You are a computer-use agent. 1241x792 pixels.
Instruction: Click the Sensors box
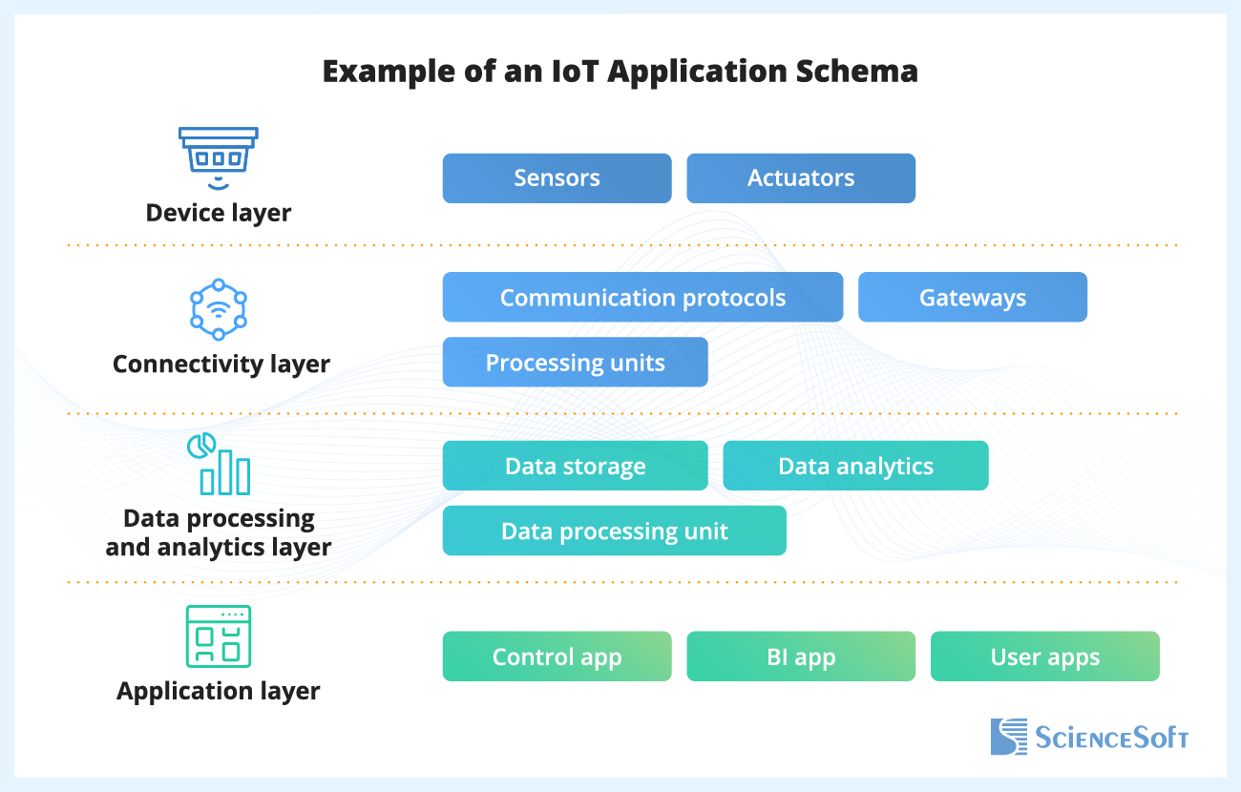click(x=557, y=178)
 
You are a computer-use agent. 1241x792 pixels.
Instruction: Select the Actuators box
click(x=801, y=178)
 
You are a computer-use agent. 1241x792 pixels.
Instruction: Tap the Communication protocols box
click(x=642, y=298)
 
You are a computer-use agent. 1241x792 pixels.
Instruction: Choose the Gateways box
click(x=972, y=298)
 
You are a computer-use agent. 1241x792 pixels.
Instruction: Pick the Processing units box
click(x=575, y=363)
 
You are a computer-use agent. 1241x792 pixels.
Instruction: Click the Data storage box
click(x=575, y=467)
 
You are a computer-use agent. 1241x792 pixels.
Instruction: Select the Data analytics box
click(x=855, y=467)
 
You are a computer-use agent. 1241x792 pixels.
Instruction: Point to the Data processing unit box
click(x=614, y=531)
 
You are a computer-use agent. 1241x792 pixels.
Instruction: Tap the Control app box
click(x=557, y=657)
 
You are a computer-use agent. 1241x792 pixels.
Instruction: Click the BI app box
click(x=801, y=657)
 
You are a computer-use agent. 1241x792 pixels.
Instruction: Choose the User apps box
click(x=1044, y=657)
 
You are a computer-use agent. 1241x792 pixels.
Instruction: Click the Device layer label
click(x=219, y=212)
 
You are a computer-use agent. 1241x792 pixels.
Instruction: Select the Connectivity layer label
click(x=221, y=364)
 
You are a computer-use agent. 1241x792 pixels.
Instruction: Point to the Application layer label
click(x=219, y=691)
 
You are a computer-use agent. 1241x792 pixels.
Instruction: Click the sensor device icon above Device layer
click(x=219, y=156)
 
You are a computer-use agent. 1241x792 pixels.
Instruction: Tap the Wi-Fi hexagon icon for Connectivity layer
click(x=219, y=309)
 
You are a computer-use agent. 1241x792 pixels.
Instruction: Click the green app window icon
click(x=218, y=636)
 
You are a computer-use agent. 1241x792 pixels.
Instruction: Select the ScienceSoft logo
click(x=1088, y=737)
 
